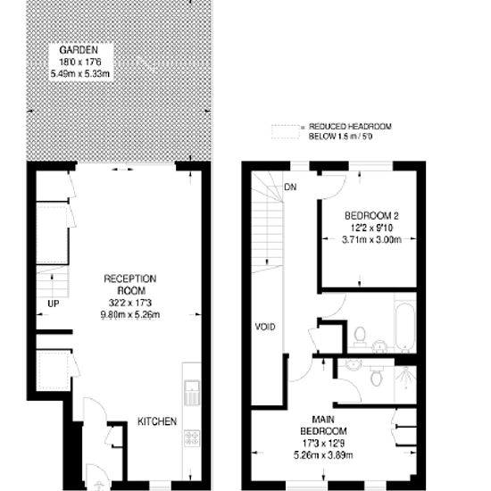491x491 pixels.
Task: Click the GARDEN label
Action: pyautogui.click(x=79, y=50)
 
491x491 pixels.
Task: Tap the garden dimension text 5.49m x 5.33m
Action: pyautogui.click(x=80, y=74)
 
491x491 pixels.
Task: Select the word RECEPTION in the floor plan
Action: pyautogui.click(x=130, y=279)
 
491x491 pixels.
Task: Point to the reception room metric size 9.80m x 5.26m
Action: pyautogui.click(x=130, y=315)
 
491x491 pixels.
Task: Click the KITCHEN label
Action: pyautogui.click(x=157, y=421)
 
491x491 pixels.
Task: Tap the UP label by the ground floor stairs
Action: pyautogui.click(x=54, y=304)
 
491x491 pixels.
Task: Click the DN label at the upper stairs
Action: pyautogui.click(x=290, y=187)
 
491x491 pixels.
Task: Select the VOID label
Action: pyautogui.click(x=265, y=327)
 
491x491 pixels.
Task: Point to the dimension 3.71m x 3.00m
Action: pyautogui.click(x=371, y=240)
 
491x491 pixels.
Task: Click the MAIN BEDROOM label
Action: pyautogui.click(x=323, y=425)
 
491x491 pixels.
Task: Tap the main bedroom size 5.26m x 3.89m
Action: pyautogui.click(x=323, y=455)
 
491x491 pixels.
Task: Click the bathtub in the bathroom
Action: pyautogui.click(x=404, y=326)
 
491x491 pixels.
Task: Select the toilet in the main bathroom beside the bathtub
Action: pyautogui.click(x=360, y=337)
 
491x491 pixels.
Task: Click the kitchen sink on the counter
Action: pyautogui.click(x=192, y=393)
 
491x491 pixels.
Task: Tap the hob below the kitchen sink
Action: pyautogui.click(x=192, y=438)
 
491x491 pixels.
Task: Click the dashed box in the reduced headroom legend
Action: pyautogui.click(x=286, y=132)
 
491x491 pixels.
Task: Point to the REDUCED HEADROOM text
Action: pyautogui.click(x=350, y=127)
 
